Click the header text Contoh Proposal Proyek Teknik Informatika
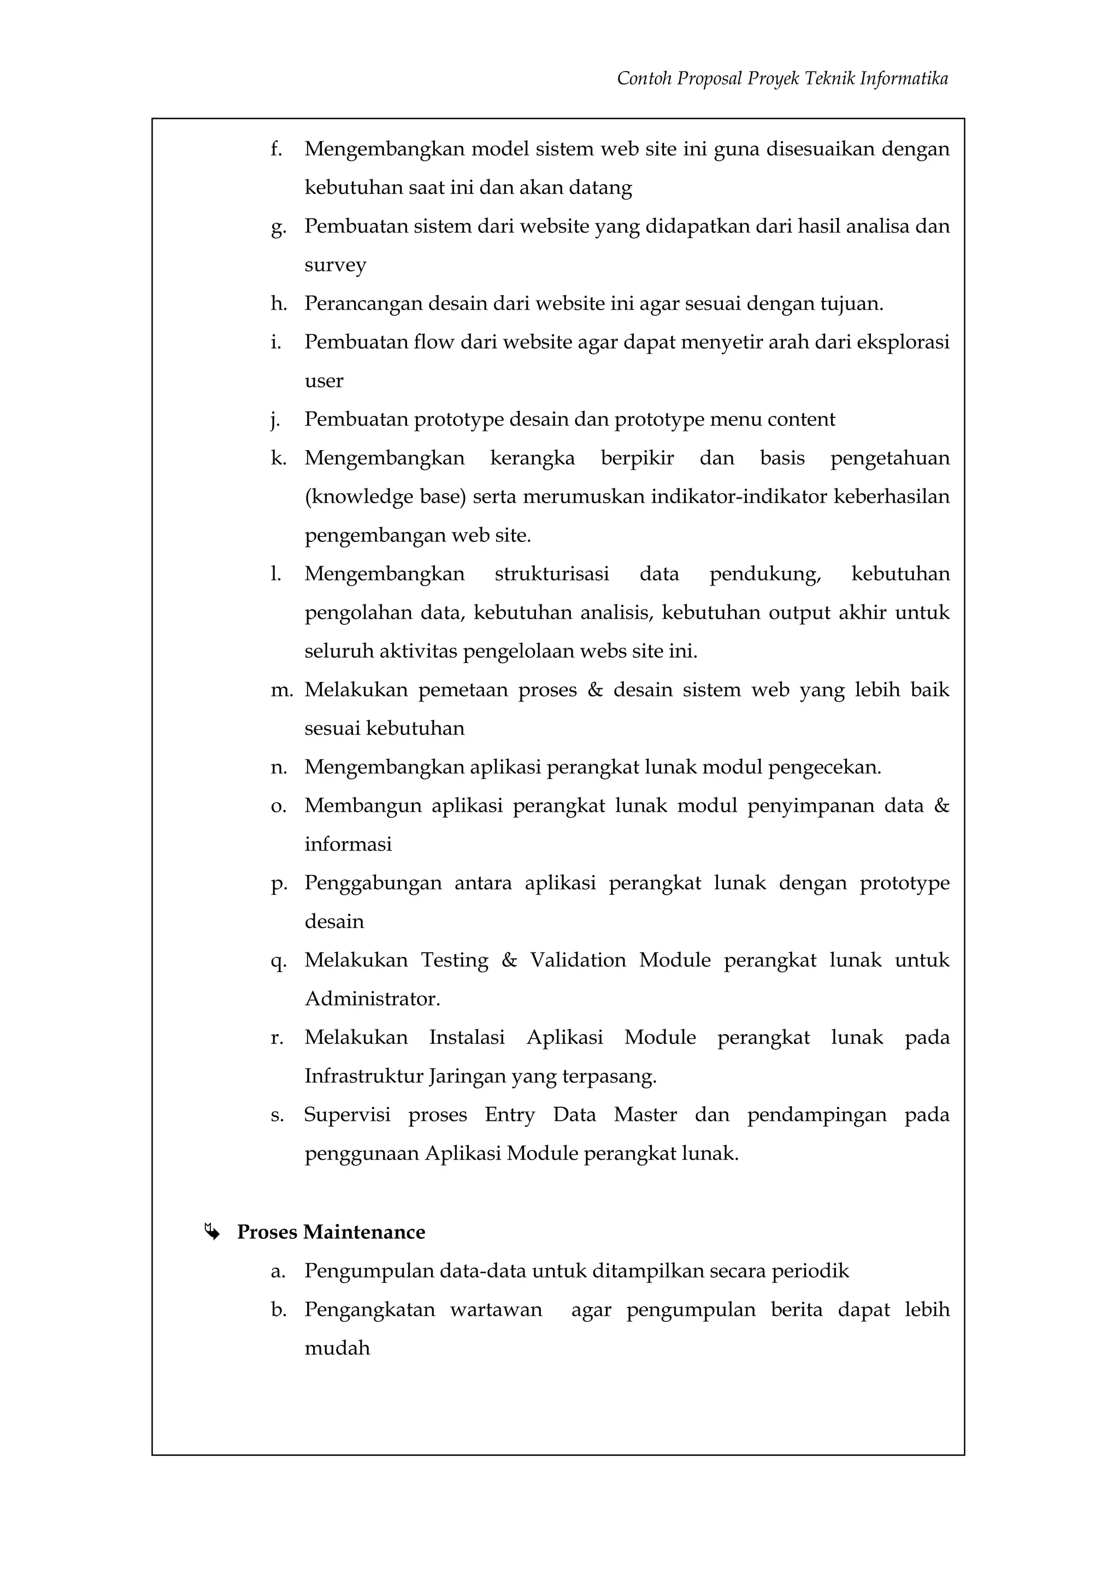pyautogui.click(x=782, y=79)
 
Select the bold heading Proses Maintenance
pyautogui.click(x=331, y=1232)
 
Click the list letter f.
pyautogui.click(x=276, y=149)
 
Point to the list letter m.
pyautogui.click(x=281, y=690)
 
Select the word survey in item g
pyautogui.click(x=335, y=265)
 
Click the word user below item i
pyautogui.click(x=323, y=381)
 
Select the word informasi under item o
pyautogui.click(x=348, y=844)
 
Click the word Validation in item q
pyautogui.click(x=578, y=960)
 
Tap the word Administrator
pyautogui.click(x=372, y=999)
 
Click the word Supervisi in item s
pyautogui.click(x=347, y=1115)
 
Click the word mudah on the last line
pyautogui.click(x=337, y=1348)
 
